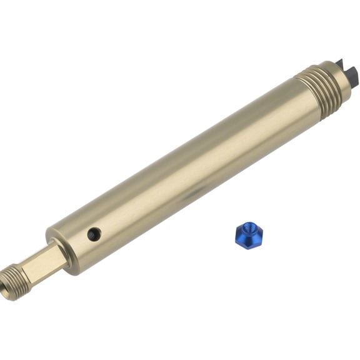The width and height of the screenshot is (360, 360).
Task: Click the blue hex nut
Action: [x=249, y=236]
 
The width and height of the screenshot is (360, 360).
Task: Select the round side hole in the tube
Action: [x=94, y=234]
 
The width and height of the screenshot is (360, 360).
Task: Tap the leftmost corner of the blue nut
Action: [x=236, y=235]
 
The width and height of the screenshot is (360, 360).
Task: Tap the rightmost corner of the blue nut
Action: [x=262, y=234]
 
